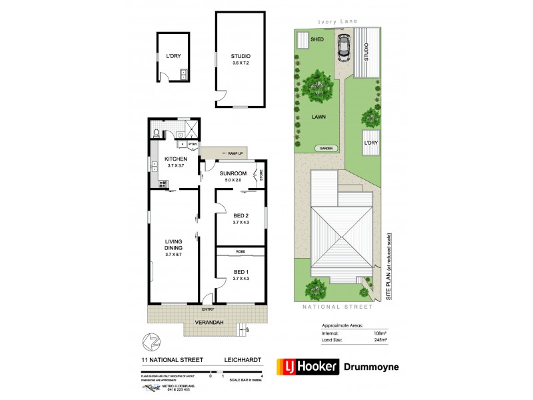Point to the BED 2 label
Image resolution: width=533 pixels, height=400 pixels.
point(241,215)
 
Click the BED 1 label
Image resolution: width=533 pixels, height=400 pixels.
point(241,271)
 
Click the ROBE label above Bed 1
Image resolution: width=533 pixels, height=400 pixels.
point(240,251)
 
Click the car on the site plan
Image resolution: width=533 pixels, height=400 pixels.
point(344,47)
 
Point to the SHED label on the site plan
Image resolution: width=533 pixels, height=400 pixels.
point(317,39)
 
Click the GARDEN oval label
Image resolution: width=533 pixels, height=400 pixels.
point(326,149)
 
